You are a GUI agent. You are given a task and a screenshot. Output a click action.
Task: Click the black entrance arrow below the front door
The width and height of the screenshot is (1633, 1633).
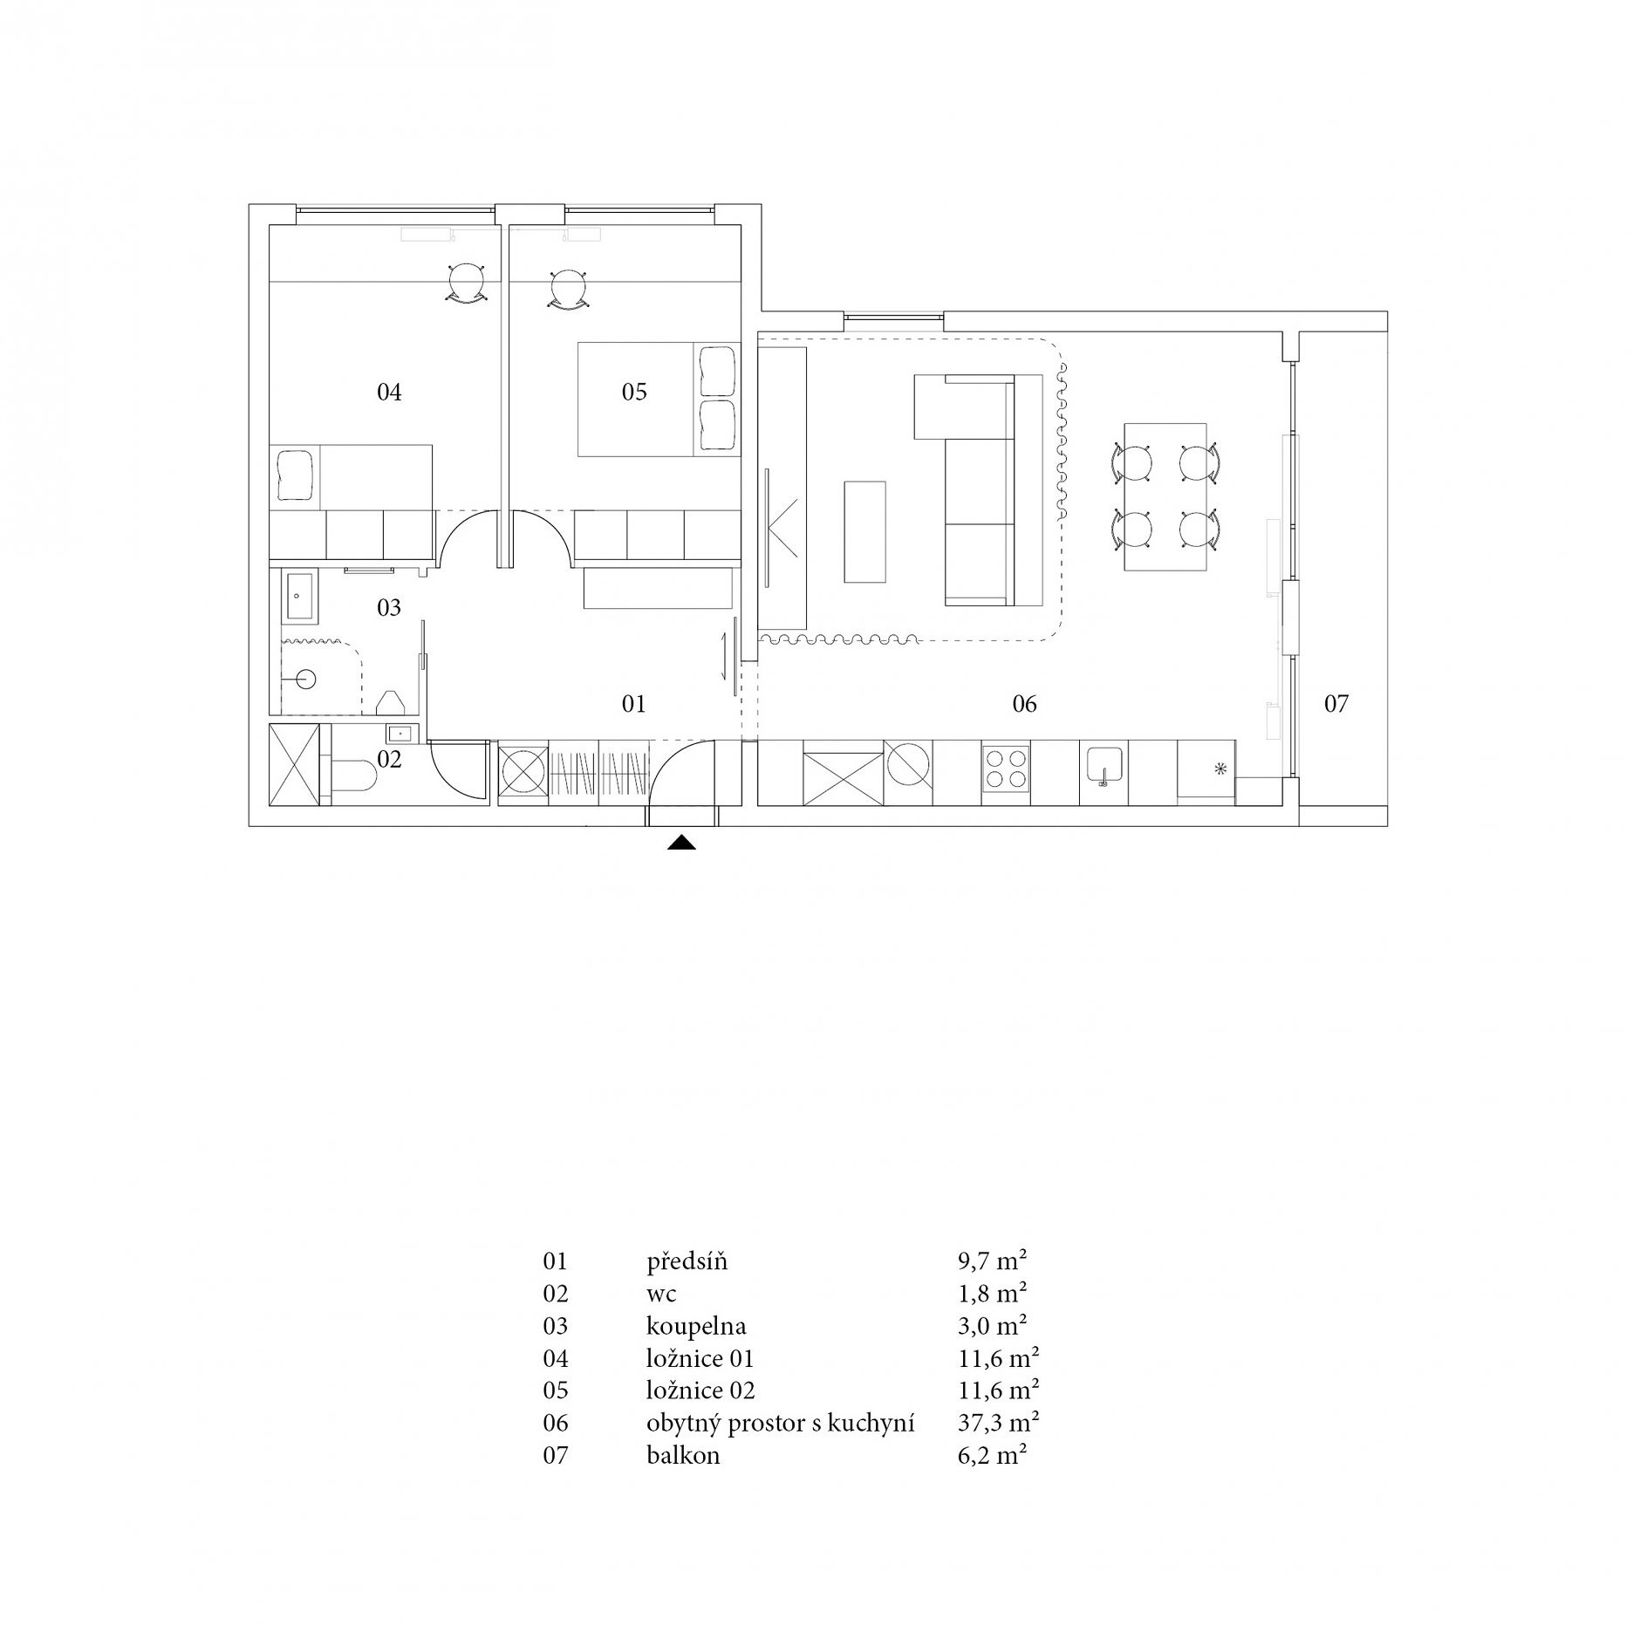click(681, 843)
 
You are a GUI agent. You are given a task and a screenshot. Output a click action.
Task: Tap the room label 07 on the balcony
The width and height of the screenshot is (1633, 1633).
click(1336, 704)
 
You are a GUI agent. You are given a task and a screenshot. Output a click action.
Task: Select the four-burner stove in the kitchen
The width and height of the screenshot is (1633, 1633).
click(1006, 772)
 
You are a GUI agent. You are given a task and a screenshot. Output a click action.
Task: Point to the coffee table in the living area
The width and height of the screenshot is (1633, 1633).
click(864, 532)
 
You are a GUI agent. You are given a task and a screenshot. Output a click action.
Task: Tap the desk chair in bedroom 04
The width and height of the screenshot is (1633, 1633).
click(462, 284)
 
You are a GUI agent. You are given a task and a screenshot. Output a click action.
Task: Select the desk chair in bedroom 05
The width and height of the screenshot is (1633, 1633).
click(569, 287)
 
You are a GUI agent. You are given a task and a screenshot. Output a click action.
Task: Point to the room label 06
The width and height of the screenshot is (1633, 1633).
click(1024, 704)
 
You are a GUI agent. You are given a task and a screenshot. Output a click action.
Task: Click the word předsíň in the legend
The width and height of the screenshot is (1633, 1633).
click(687, 1261)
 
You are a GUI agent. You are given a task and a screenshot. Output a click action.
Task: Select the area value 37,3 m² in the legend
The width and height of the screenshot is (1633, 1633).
click(998, 1423)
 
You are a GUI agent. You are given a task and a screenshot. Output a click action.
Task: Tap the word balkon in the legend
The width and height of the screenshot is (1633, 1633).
click(683, 1455)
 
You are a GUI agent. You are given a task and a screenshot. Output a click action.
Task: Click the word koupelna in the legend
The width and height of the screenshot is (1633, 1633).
click(696, 1327)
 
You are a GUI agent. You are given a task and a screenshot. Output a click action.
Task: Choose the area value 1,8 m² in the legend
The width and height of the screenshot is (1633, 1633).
click(992, 1294)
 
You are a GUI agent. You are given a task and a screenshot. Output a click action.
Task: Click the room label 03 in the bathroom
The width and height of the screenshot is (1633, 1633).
click(389, 607)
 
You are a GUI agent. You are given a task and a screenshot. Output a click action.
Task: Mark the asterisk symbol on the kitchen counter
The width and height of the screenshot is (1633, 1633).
click(1220, 769)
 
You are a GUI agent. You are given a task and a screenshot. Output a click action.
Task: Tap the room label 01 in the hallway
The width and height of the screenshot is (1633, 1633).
click(633, 704)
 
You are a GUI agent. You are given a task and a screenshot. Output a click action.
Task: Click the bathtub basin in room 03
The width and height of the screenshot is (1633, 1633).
click(299, 598)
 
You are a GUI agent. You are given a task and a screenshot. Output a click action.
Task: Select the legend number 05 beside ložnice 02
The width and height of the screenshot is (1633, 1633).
click(555, 1390)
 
